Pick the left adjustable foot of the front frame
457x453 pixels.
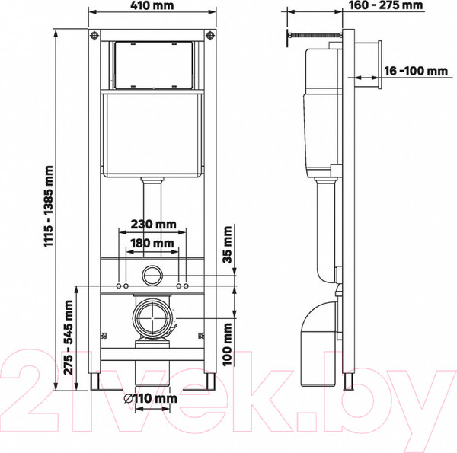pyautogui.click(x=95, y=381)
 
